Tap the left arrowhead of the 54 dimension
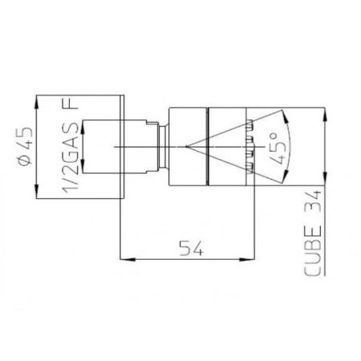(124, 258)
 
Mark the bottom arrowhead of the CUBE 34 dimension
(322, 182)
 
